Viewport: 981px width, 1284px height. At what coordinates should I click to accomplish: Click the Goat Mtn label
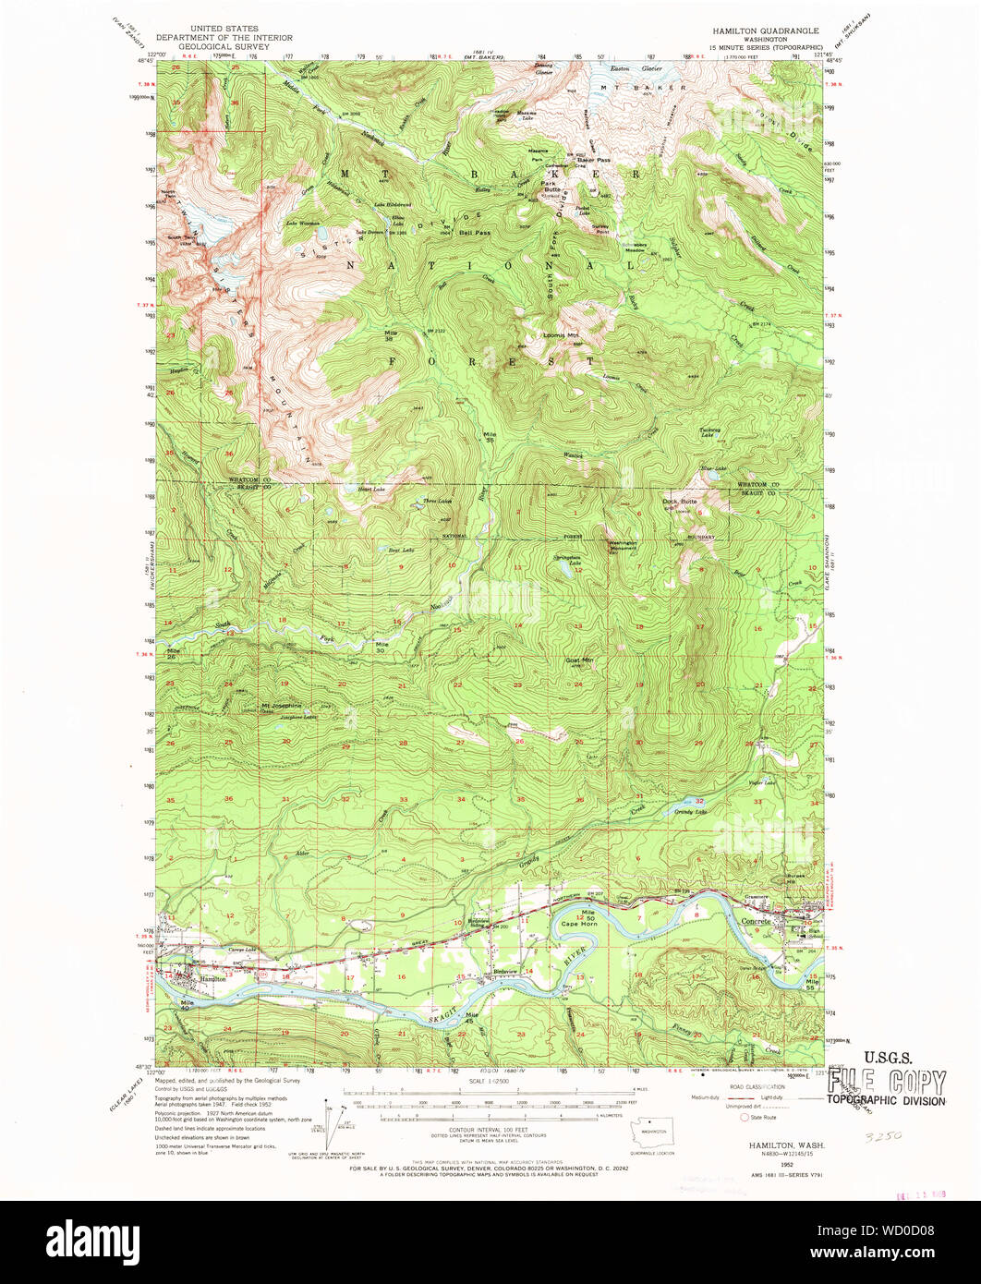pyautogui.click(x=579, y=660)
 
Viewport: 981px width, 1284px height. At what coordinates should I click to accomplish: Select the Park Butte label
pyautogui.click(x=552, y=186)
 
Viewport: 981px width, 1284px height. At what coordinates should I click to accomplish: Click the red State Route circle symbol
pyautogui.click(x=745, y=1117)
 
